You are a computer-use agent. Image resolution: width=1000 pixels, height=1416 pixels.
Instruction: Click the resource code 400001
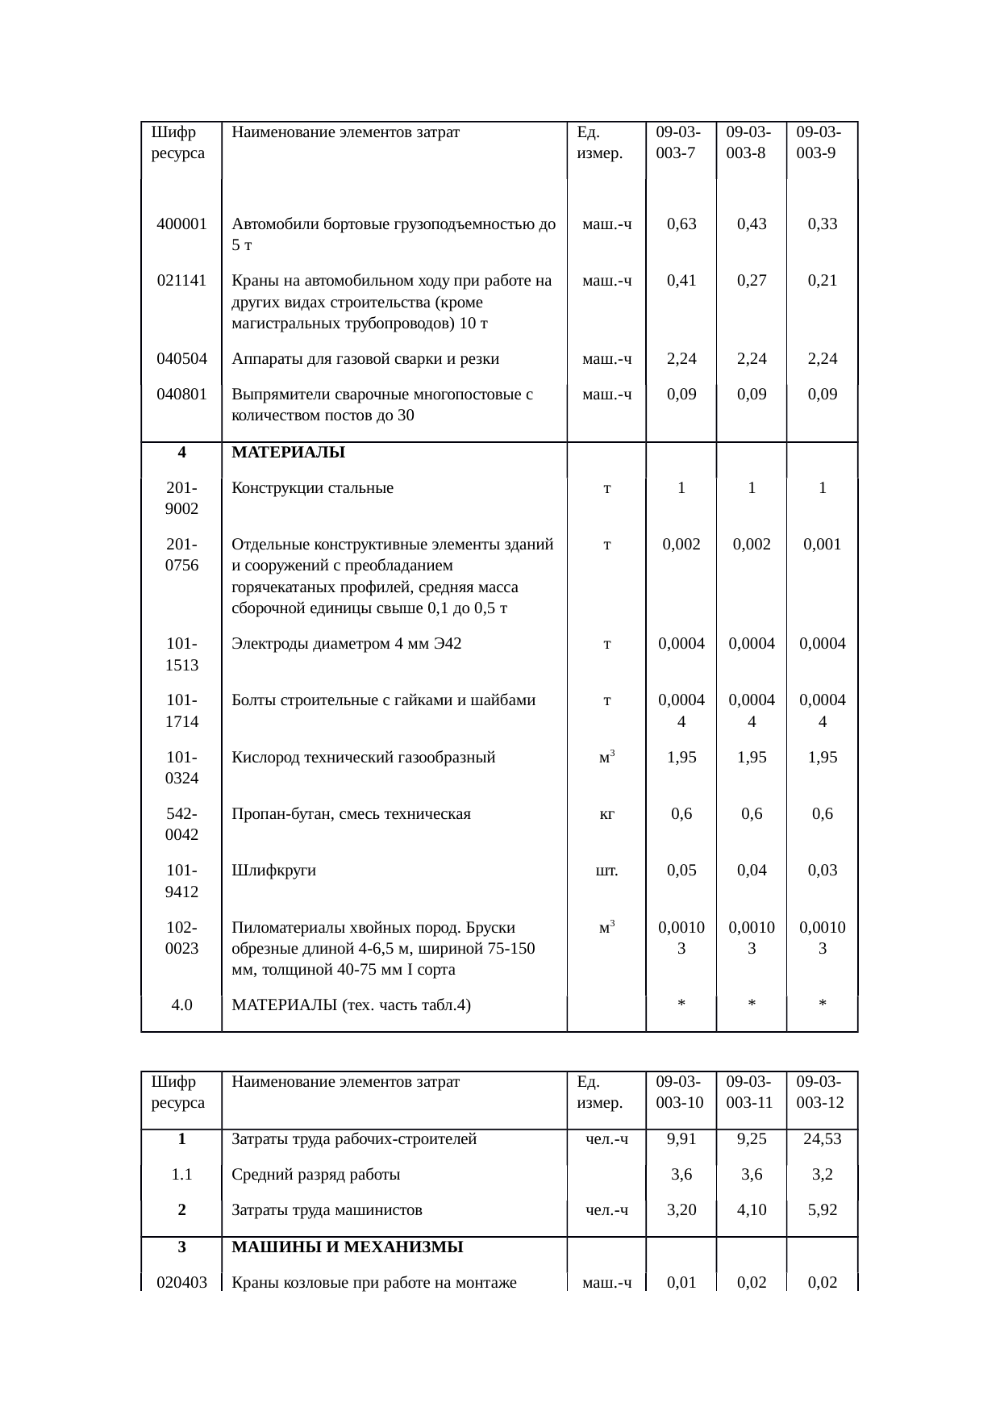[181, 224]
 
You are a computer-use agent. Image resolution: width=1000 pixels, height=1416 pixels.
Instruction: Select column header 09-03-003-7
[677, 142]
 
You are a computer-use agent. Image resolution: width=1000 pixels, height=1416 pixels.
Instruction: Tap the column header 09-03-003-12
[819, 1092]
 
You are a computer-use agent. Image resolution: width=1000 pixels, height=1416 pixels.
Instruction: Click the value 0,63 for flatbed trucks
[681, 224]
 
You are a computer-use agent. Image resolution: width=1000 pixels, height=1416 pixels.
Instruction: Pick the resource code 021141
[181, 281]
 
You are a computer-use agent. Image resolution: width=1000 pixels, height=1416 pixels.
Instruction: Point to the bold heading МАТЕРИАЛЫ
[288, 453]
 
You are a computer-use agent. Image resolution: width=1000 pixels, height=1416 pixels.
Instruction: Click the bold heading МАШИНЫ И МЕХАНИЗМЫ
[347, 1247]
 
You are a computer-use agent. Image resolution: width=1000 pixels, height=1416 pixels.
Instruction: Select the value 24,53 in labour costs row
[822, 1139]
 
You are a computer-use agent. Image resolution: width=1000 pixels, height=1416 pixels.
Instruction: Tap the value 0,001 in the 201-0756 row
[822, 545]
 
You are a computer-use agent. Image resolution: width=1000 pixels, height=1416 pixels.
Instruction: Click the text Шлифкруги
[273, 871]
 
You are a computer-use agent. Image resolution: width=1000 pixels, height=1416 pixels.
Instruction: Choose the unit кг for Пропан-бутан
[606, 814]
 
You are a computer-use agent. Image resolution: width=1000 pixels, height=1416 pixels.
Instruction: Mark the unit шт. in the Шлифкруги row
[606, 871]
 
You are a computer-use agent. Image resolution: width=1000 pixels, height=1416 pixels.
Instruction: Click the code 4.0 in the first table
[181, 1005]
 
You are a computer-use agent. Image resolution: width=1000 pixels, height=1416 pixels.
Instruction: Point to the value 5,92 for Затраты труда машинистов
[822, 1210]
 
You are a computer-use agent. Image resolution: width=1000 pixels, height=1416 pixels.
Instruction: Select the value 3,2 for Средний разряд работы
[822, 1175]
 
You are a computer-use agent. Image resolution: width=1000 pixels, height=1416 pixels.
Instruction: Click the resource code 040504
[181, 359]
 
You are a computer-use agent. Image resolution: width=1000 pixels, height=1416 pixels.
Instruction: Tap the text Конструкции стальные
[312, 488]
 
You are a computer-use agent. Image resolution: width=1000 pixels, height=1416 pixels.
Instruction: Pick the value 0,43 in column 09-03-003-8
[752, 224]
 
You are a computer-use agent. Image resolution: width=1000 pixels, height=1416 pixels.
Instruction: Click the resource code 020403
[181, 1282]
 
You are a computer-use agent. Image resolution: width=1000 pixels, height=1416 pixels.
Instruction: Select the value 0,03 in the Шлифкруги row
[822, 871]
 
